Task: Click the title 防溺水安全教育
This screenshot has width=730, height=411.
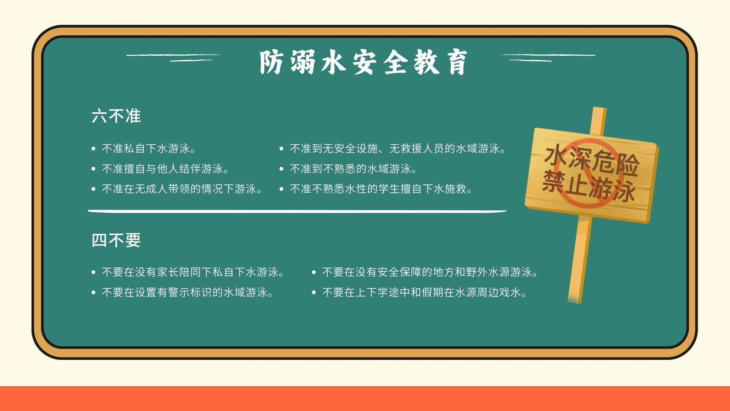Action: [x=363, y=62]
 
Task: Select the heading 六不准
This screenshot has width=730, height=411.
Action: [x=116, y=116]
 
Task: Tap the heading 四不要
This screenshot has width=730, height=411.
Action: [x=116, y=240]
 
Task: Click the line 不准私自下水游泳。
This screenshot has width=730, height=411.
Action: [x=149, y=149]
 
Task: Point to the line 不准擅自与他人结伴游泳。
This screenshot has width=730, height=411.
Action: [x=165, y=169]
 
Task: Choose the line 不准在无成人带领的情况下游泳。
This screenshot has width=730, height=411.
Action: [x=182, y=189]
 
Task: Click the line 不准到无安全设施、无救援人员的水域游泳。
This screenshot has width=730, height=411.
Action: [x=397, y=149]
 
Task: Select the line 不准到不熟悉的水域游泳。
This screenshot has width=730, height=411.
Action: [x=354, y=169]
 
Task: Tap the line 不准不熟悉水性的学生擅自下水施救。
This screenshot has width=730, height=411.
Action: [x=381, y=189]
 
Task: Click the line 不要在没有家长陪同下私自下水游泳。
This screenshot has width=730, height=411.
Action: [x=193, y=272]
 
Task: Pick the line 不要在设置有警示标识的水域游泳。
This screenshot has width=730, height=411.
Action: [x=188, y=292]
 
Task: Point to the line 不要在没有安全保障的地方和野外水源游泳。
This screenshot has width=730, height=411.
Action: [x=430, y=272]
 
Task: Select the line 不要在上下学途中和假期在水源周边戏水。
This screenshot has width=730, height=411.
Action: [x=424, y=292]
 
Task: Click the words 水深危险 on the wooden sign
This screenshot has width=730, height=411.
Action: [x=591, y=160]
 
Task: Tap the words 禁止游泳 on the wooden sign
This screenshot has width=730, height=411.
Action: [x=589, y=185]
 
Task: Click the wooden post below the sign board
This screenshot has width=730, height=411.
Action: [x=580, y=259]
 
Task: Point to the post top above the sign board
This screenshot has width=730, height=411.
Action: [x=599, y=121]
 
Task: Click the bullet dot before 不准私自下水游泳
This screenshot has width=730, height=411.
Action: [x=94, y=149]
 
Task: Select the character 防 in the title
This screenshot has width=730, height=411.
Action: [x=271, y=62]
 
